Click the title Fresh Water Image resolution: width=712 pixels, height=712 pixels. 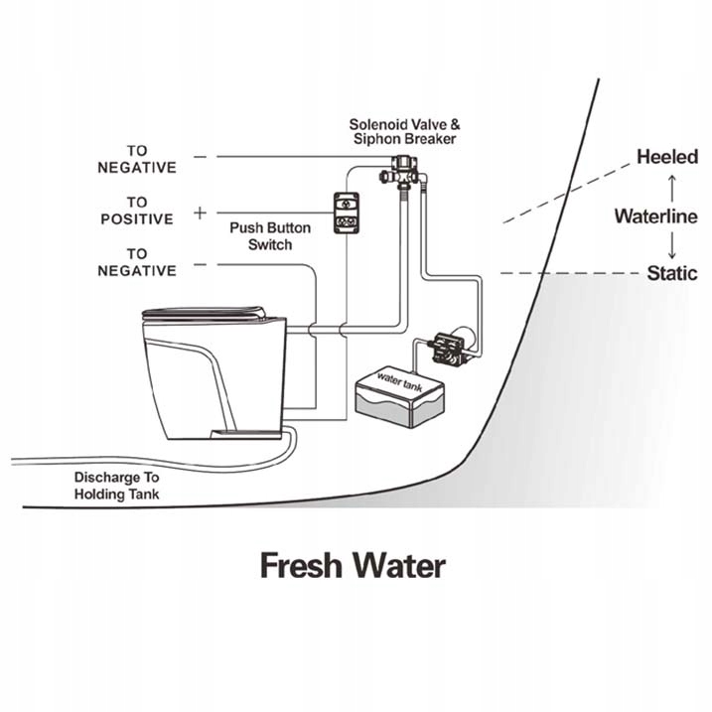click(x=353, y=566)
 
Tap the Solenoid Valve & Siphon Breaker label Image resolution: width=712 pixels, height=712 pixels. click(x=403, y=132)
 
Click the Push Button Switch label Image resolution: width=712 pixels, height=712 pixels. click(x=270, y=235)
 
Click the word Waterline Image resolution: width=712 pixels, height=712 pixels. click(x=655, y=216)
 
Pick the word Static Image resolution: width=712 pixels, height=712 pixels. click(x=672, y=273)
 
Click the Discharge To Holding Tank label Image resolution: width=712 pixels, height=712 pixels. click(x=117, y=484)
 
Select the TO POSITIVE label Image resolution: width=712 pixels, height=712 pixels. click(x=136, y=211)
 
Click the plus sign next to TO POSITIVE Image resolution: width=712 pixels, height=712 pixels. click(x=201, y=212)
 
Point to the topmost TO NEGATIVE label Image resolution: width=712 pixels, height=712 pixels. click(x=136, y=159)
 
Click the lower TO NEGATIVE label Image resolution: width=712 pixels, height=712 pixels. click(x=136, y=262)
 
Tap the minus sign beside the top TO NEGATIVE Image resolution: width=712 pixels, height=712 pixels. click(x=201, y=157)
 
